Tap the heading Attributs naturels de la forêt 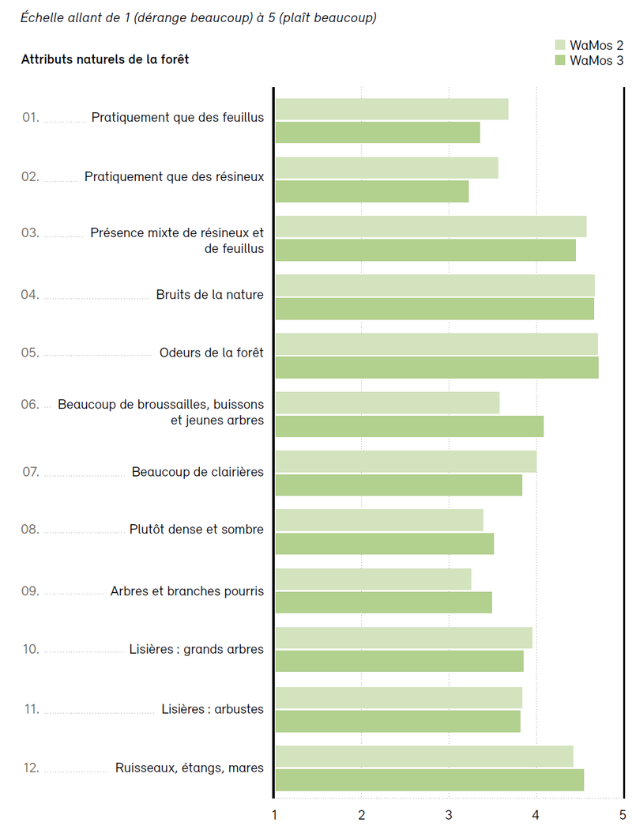point(105,59)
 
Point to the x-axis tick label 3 point(449,814)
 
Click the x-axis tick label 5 point(623,814)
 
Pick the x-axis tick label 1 point(274,814)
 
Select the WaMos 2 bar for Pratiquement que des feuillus point(391,109)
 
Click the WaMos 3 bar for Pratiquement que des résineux point(371,191)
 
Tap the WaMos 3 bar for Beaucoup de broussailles point(409,426)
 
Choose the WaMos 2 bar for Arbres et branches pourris point(373,579)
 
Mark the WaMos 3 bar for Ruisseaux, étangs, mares point(429,780)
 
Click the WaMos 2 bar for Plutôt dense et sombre point(379,520)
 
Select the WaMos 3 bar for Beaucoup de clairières point(398,485)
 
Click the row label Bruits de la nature point(209,295)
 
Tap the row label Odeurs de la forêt point(211,353)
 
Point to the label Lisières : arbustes point(212,709)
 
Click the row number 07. point(31,472)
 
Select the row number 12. point(31,768)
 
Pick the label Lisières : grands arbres point(196,650)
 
